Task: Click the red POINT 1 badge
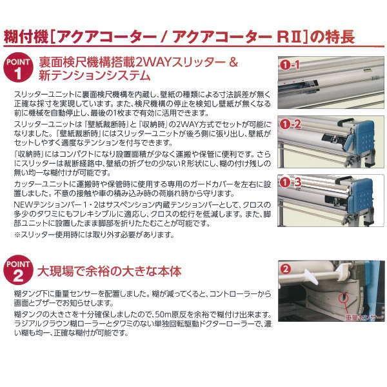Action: (x=17, y=70)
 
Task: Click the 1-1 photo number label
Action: (x=291, y=65)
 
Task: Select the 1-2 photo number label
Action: (x=291, y=123)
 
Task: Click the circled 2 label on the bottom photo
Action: (x=285, y=266)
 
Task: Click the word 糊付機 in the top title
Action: (x=26, y=35)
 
